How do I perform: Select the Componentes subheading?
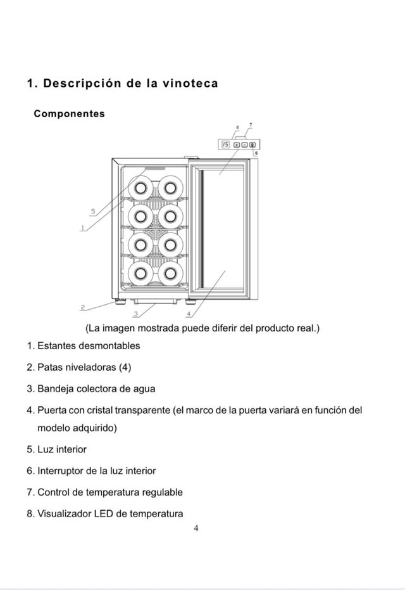click(x=69, y=114)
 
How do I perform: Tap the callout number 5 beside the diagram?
click(x=93, y=211)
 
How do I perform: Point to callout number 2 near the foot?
click(x=82, y=307)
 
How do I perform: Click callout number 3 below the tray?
click(x=136, y=314)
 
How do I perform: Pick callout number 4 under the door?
click(x=189, y=314)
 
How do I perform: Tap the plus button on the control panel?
click(x=237, y=145)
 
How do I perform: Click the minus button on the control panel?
click(x=244, y=145)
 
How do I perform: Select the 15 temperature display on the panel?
click(x=227, y=145)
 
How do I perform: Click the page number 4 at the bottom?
click(x=196, y=529)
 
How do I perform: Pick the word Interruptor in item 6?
click(x=61, y=471)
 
